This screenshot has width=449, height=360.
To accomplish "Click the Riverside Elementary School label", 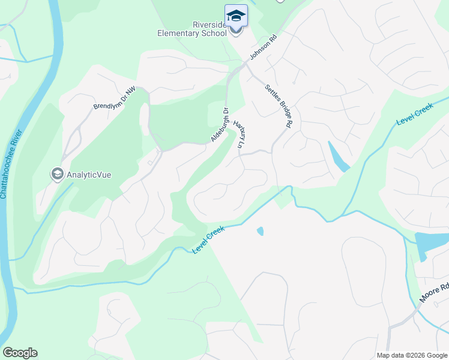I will point(192,29).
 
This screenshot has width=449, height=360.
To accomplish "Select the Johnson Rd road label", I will point(264,49).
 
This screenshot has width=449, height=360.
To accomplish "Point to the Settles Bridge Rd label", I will point(279,106).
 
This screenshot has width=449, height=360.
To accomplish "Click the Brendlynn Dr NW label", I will point(115,98).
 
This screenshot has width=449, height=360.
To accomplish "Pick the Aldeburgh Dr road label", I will point(220,125).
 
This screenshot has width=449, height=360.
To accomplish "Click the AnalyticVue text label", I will point(89,175).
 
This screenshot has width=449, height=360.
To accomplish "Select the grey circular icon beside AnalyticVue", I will point(58,175).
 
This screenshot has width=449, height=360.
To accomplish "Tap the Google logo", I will point(20,353).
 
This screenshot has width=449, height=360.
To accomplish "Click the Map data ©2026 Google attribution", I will point(412,355).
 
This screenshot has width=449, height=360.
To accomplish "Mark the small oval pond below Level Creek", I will point(260,231).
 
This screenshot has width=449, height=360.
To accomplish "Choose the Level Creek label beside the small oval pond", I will point(208,239).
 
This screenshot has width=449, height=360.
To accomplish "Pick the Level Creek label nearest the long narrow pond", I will point(414,114).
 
